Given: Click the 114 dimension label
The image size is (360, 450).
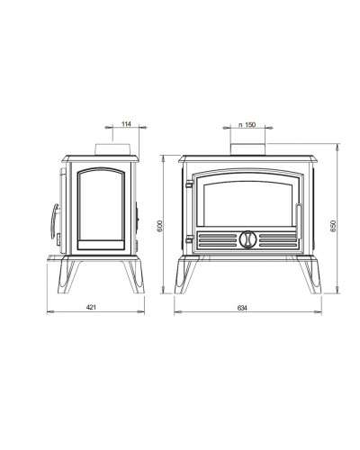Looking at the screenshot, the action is tap(126, 123).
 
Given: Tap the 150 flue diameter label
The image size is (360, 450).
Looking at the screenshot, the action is tap(249, 124).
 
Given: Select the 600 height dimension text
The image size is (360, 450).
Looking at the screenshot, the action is tap(159, 226).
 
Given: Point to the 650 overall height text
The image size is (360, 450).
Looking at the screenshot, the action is tap(334, 226).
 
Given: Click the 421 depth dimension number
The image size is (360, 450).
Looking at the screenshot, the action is tap(91, 307).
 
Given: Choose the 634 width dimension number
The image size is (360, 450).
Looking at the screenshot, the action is tap(242, 308).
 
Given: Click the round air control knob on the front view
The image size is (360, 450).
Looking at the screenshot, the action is tap(247, 239).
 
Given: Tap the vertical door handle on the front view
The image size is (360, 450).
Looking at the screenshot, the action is tap(299, 220).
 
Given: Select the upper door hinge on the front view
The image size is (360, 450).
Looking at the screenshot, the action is tap(189, 184).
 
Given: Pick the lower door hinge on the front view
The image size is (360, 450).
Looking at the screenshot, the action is tap(189, 239).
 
